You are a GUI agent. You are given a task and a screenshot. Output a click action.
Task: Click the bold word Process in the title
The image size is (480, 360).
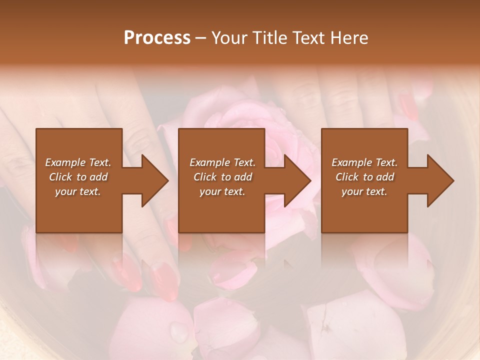(x=157, y=38)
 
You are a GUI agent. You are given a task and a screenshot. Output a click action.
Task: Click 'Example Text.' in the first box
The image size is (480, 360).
(x=78, y=162)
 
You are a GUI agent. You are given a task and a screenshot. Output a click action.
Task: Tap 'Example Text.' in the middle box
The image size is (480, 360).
(x=222, y=162)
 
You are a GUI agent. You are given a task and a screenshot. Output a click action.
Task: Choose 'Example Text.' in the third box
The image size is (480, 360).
(x=364, y=162)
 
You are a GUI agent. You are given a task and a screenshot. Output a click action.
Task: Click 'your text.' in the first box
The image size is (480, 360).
(x=78, y=191)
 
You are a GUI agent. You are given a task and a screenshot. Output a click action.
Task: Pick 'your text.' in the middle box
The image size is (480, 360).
(x=222, y=191)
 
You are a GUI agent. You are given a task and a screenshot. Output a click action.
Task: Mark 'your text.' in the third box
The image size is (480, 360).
(x=364, y=191)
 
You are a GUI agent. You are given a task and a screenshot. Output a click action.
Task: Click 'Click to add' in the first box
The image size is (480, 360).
(x=78, y=177)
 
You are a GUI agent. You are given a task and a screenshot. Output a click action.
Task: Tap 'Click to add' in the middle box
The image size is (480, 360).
(x=222, y=177)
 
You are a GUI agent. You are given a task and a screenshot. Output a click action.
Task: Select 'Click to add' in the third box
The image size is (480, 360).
(x=364, y=177)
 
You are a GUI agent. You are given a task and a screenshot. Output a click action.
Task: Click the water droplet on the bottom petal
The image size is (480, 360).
(x=178, y=332)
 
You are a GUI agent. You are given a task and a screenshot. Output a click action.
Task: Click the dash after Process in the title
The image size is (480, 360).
(x=201, y=38)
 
